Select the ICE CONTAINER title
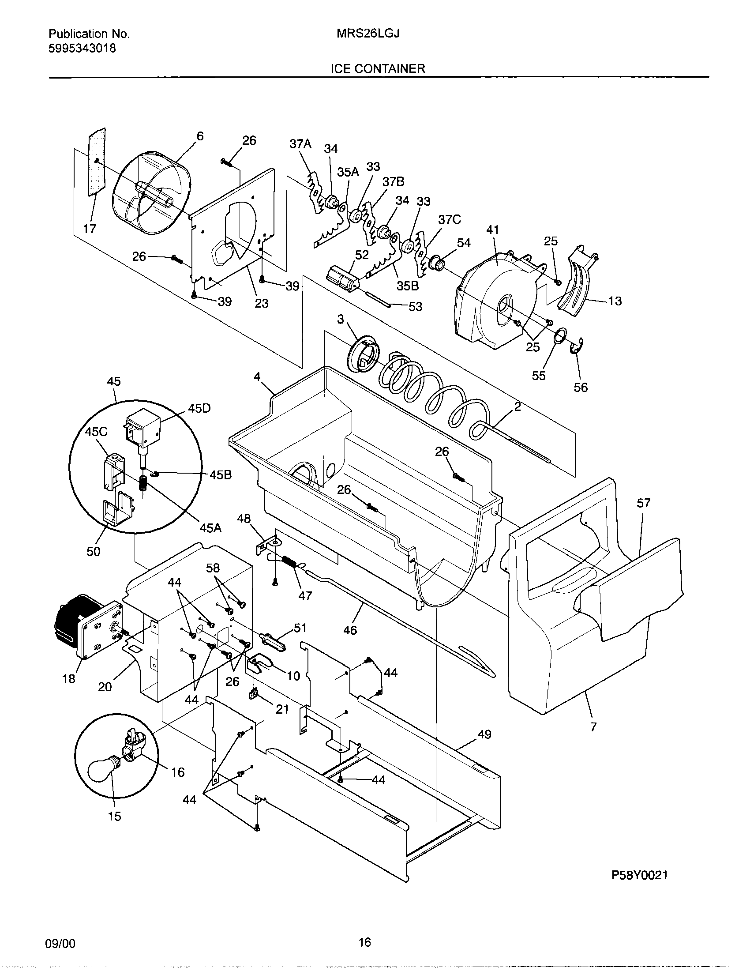(378, 69)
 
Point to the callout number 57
(643, 503)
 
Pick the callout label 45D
(199, 409)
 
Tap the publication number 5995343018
(82, 49)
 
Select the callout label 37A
(300, 143)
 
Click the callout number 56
(580, 388)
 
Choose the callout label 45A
(210, 528)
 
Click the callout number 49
(484, 734)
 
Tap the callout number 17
(90, 229)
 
